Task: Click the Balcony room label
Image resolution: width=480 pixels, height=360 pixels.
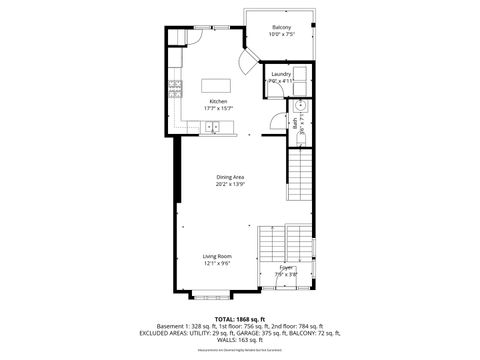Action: click(282, 27)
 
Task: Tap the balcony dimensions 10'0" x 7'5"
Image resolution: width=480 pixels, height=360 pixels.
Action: click(282, 35)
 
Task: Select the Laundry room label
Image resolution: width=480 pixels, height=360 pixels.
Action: click(281, 74)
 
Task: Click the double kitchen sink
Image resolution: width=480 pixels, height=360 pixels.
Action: click(213, 126)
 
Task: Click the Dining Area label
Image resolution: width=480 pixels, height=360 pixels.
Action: click(230, 177)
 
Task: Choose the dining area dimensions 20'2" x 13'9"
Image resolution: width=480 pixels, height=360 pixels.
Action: click(230, 185)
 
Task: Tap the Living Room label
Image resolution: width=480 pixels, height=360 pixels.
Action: click(218, 256)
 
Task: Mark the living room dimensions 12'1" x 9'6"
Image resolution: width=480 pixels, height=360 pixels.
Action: click(218, 264)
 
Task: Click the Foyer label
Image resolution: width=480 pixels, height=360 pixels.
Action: click(286, 267)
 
